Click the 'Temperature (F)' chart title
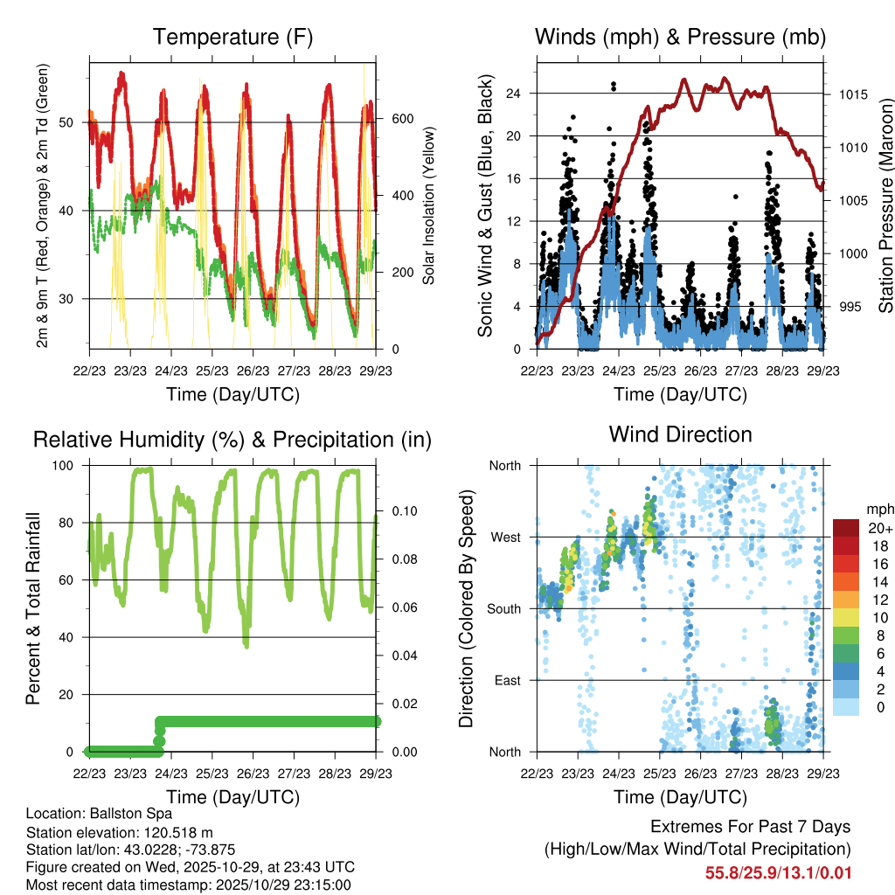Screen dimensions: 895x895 [x=232, y=37]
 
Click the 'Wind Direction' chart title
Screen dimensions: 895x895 [x=680, y=434]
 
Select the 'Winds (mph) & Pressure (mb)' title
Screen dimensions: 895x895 [x=680, y=37]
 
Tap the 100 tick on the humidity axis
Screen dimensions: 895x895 [x=67, y=466]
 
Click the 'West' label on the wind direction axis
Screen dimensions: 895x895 [x=506, y=538]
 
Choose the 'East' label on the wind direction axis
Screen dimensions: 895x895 [x=508, y=680]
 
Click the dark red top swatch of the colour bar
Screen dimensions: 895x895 [x=847, y=528]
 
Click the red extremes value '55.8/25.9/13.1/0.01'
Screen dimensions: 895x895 [x=777, y=873]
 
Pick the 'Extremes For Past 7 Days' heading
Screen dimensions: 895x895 [x=750, y=827]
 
